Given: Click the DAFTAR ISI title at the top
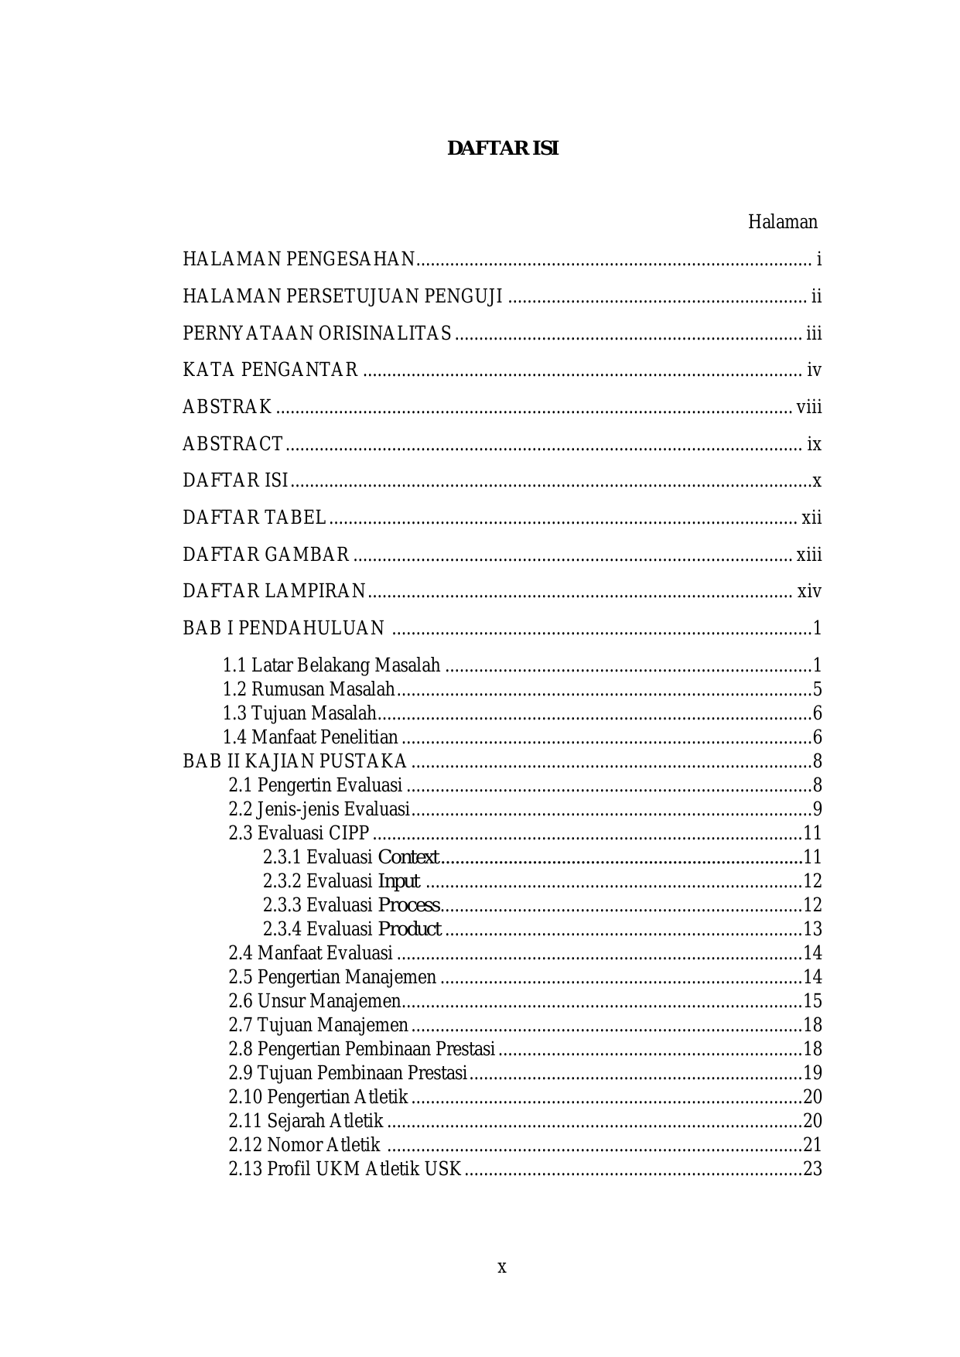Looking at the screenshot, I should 502,149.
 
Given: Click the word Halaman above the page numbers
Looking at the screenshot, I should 782,223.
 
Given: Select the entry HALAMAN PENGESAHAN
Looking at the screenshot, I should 299,259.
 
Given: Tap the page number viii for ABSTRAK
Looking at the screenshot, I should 809,407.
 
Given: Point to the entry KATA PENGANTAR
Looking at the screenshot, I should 270,370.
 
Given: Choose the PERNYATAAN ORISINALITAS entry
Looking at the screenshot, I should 317,333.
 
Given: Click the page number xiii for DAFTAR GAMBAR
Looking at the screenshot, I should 809,555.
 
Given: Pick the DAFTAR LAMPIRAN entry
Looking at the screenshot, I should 274,592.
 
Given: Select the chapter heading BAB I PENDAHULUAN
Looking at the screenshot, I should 283,628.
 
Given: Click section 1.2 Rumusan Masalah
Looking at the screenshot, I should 309,689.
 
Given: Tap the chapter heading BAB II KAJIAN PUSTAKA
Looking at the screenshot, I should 295,761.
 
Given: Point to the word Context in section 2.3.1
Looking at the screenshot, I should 408,857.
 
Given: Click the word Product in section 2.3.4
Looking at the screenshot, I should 409,929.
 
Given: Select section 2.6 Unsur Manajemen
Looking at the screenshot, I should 315,1001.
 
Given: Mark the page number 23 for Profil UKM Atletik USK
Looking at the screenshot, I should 812,1169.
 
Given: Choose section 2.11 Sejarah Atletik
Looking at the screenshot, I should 306,1121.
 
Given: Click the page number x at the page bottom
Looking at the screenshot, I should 502,1267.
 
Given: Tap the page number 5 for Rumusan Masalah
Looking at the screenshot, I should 817,689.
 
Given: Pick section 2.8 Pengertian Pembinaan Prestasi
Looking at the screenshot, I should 361,1049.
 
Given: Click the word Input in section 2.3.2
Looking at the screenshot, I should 398,881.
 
